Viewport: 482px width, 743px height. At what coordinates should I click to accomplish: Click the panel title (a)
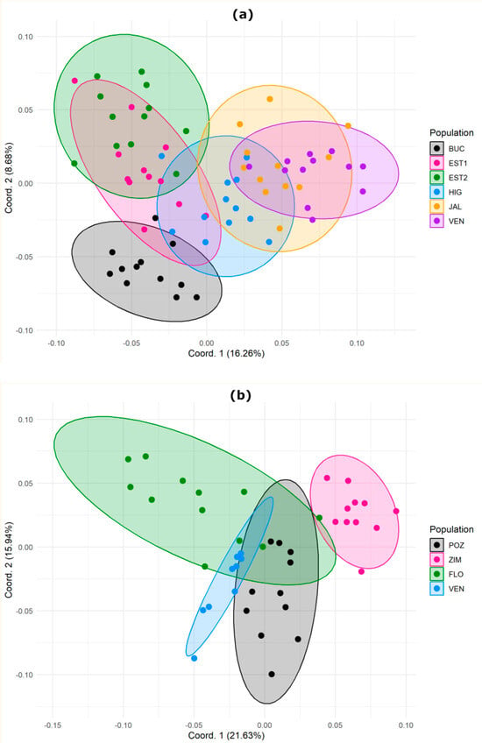point(243,15)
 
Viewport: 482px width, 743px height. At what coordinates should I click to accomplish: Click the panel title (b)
point(241,395)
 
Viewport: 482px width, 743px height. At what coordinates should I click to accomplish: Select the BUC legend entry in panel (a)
point(448,149)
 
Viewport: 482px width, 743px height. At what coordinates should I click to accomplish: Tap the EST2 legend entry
point(449,178)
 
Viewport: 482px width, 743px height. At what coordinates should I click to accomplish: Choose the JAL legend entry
point(446,207)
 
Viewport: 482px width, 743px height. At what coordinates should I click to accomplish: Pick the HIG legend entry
point(446,192)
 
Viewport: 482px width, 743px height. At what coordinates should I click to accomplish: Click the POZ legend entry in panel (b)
point(448,545)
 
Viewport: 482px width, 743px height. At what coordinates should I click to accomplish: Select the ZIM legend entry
point(446,560)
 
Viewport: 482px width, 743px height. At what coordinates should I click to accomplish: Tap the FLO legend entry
point(447,574)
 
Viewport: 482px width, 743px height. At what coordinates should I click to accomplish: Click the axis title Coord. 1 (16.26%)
point(226,353)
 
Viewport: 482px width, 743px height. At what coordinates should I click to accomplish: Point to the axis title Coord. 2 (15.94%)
point(9,560)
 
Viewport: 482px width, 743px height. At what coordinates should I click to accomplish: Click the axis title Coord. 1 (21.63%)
point(227,735)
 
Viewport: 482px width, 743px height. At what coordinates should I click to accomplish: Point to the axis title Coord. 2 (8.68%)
point(9,178)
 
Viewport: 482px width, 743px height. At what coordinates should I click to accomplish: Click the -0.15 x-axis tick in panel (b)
point(52,725)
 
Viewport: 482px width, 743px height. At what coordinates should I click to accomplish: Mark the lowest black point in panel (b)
point(272,675)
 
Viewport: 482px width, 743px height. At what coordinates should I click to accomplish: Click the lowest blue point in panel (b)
point(194,658)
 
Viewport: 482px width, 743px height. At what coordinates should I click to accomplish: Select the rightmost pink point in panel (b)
point(396,512)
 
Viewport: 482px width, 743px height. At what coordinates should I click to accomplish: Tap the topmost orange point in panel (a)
point(270,99)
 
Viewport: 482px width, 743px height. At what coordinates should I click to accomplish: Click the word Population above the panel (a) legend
point(451,132)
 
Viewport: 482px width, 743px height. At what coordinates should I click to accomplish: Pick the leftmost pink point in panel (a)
point(74,81)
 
